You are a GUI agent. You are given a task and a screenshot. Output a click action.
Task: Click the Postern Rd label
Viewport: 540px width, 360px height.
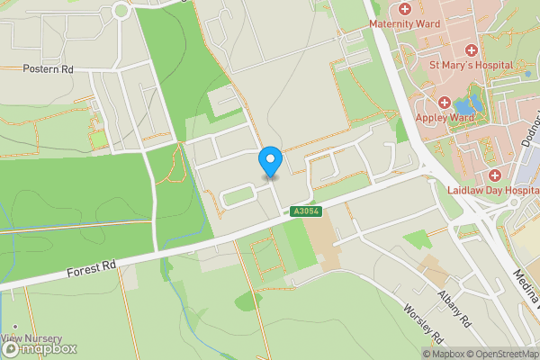pos(49,68)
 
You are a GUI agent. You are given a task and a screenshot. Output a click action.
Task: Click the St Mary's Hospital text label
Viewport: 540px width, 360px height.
pos(471,66)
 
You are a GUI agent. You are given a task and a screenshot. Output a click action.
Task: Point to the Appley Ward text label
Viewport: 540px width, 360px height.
pos(444,117)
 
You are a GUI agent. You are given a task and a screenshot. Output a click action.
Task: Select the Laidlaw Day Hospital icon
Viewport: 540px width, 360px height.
pos(494,175)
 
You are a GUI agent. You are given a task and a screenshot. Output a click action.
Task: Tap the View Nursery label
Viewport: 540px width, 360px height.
pos(36,338)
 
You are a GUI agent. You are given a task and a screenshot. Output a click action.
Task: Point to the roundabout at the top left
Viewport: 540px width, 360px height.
pos(121,11)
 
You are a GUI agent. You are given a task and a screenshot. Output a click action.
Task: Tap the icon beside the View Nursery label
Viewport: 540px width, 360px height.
pos(13,328)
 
